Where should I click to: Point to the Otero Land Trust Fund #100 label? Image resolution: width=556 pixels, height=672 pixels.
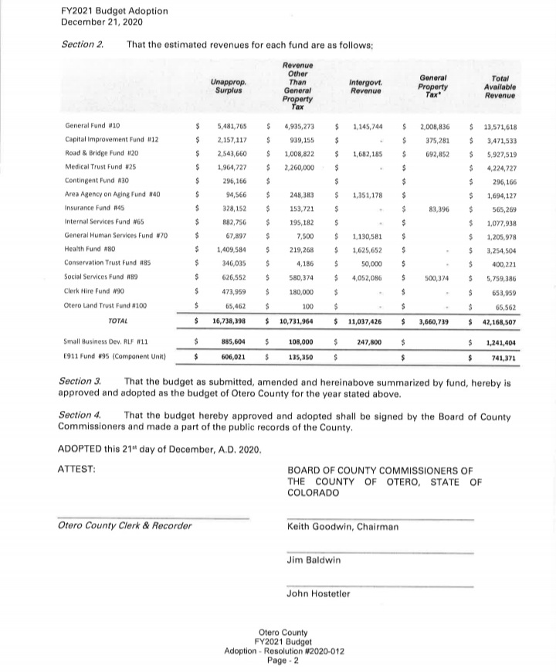click(105, 306)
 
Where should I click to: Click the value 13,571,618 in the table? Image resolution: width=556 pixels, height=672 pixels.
click(500, 125)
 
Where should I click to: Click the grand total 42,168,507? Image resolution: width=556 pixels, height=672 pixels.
click(500, 321)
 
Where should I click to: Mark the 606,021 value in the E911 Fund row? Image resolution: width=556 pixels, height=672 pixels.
click(233, 358)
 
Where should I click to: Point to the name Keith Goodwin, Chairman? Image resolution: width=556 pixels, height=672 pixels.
click(343, 527)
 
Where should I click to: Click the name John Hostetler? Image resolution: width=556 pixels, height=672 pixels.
click(318, 593)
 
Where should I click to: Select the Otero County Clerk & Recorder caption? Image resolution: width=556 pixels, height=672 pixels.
click(124, 526)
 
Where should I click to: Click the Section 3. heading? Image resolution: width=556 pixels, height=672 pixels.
click(81, 382)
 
